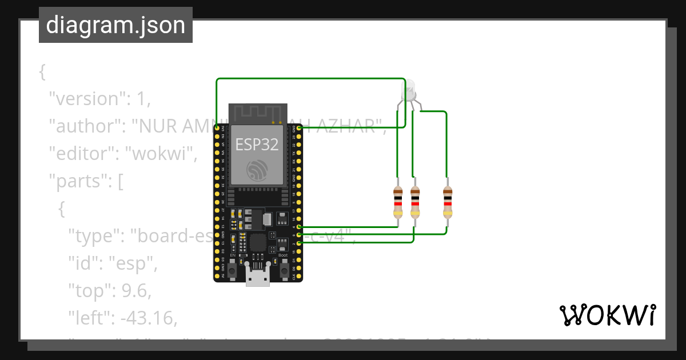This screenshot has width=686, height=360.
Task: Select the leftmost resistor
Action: click(x=398, y=202)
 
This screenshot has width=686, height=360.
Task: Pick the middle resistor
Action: click(x=415, y=202)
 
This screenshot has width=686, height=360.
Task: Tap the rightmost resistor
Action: click(x=448, y=202)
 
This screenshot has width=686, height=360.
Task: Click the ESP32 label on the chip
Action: click(x=257, y=145)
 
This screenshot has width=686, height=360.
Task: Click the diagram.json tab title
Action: click(x=115, y=25)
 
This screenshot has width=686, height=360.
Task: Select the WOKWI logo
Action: click(x=607, y=315)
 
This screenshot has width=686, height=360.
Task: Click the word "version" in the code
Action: click(x=87, y=99)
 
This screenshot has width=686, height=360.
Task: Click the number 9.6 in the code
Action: click(x=136, y=291)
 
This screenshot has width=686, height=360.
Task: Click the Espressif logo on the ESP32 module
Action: click(x=257, y=169)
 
